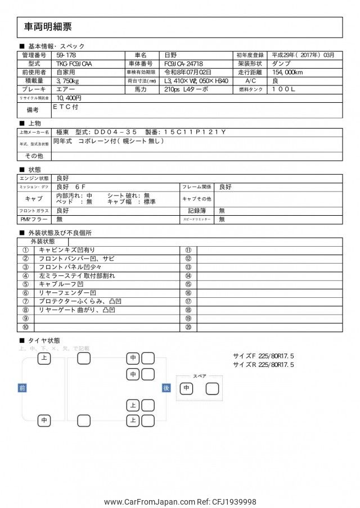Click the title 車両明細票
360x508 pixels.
[48, 27]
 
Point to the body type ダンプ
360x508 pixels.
[281, 64]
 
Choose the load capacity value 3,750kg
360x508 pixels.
[68, 81]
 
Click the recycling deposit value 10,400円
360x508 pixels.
[69, 98]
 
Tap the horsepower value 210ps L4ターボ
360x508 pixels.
[186, 89]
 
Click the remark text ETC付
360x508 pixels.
[65, 106]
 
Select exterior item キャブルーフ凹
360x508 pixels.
[61, 284]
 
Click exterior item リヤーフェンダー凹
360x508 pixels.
[67, 293]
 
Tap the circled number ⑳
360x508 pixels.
[188, 327]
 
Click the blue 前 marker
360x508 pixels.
[22, 388]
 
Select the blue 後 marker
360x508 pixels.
[166, 388]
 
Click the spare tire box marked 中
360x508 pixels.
[186, 388]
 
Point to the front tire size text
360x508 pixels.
[263, 356]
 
